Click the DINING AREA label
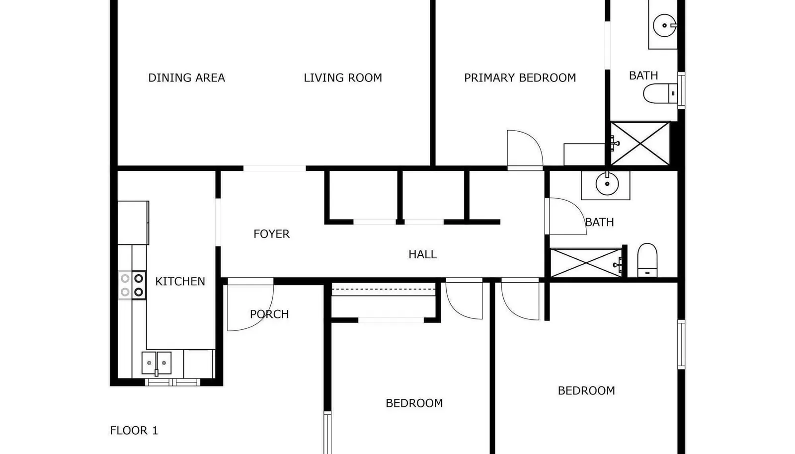pos(186,77)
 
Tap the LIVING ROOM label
pos(343,77)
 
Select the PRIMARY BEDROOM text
pos(520,77)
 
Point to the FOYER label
pos(271,234)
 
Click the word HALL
pos(422,254)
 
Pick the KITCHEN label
pos(180,281)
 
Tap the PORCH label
pos(269,314)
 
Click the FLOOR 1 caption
pos(134,430)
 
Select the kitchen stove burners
pos(132,285)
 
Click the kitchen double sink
pos(157,363)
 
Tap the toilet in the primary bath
pos(660,94)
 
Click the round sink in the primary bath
pos(664,25)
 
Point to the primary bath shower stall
pos(640,143)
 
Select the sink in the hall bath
pos(607,184)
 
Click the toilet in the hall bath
pos(647,260)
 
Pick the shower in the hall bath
pos(586,263)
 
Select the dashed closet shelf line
pos(384,290)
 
